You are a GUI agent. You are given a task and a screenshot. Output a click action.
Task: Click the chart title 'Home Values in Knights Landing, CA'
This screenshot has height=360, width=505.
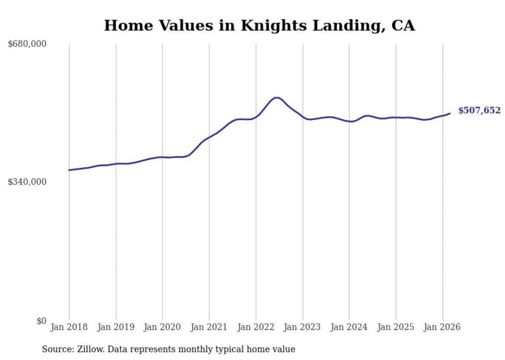coord(259,25)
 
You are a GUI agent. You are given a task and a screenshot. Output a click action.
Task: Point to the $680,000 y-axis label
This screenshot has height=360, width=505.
coord(27,44)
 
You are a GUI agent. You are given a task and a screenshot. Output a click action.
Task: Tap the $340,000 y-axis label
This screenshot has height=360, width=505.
coord(27,182)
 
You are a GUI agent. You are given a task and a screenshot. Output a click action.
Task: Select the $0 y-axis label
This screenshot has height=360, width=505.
coord(41,321)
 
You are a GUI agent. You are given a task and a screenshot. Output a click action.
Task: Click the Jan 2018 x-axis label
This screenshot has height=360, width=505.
coord(69,327)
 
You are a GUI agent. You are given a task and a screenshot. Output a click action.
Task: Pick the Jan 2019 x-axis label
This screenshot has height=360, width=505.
coord(116,327)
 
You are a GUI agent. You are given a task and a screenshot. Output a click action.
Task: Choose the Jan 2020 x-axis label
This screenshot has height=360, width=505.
coord(162,327)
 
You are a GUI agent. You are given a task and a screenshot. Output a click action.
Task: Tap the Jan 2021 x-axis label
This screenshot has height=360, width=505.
coord(209,327)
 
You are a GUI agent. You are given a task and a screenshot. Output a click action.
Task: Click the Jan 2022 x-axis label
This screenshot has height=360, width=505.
coord(256,327)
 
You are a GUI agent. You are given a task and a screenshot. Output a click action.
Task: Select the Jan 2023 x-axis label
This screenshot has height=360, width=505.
coord(302,327)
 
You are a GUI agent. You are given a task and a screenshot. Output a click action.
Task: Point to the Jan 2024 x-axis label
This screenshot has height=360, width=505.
coord(349,327)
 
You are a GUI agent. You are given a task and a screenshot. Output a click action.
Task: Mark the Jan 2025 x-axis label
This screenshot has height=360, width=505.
coord(396,327)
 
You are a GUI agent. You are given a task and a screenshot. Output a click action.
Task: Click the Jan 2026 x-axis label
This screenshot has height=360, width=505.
coord(443,327)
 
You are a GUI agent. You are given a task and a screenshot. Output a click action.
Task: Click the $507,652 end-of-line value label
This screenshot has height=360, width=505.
coord(479,110)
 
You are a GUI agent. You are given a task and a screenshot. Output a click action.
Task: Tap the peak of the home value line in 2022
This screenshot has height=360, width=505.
coord(277,97)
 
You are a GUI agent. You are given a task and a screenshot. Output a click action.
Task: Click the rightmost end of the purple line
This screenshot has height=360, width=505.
coord(450,113)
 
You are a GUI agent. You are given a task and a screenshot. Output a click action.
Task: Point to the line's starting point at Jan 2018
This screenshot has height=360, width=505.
coord(69,170)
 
